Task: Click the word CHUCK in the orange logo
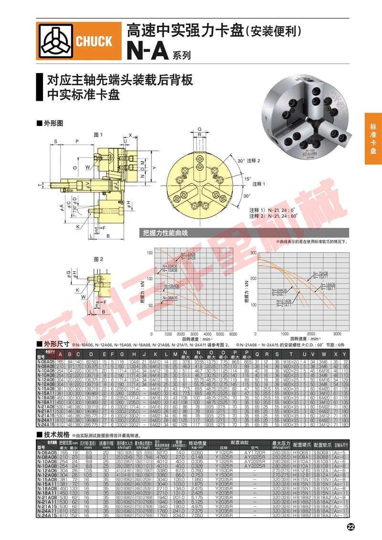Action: (x=94, y=41)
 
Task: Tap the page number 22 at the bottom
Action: (x=350, y=527)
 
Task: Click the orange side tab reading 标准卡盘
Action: (x=373, y=139)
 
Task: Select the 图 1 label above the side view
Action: (x=99, y=135)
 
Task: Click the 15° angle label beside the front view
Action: (x=249, y=178)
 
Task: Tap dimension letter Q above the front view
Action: (x=199, y=128)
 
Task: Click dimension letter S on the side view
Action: (x=55, y=142)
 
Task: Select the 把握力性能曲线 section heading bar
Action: (x=163, y=233)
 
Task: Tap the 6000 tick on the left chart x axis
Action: (x=233, y=334)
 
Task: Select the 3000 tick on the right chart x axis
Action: (x=337, y=334)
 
